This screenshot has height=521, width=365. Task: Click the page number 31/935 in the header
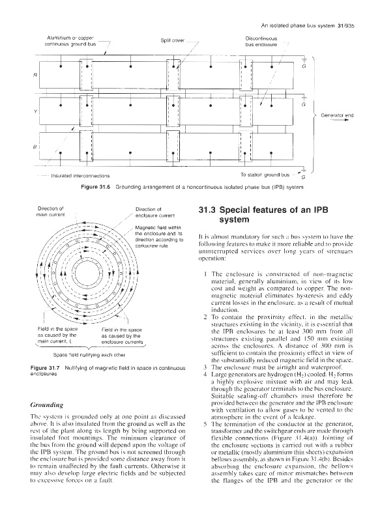tap(345, 25)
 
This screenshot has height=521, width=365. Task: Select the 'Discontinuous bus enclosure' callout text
tap(261, 42)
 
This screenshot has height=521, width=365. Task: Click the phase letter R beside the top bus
tap(35, 76)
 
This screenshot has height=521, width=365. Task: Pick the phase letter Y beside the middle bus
tap(35, 111)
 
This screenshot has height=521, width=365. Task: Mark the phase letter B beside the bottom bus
tap(35, 146)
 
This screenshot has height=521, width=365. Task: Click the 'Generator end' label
tap(337, 116)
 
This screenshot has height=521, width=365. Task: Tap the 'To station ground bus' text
tap(265, 175)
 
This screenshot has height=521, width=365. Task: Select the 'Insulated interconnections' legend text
tap(80, 176)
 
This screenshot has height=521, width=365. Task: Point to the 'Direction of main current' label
tap(51, 212)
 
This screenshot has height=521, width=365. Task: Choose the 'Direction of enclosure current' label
tap(155, 212)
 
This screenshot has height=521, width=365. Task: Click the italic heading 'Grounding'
tap(47, 404)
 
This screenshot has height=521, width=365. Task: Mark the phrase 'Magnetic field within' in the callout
tap(158, 227)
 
